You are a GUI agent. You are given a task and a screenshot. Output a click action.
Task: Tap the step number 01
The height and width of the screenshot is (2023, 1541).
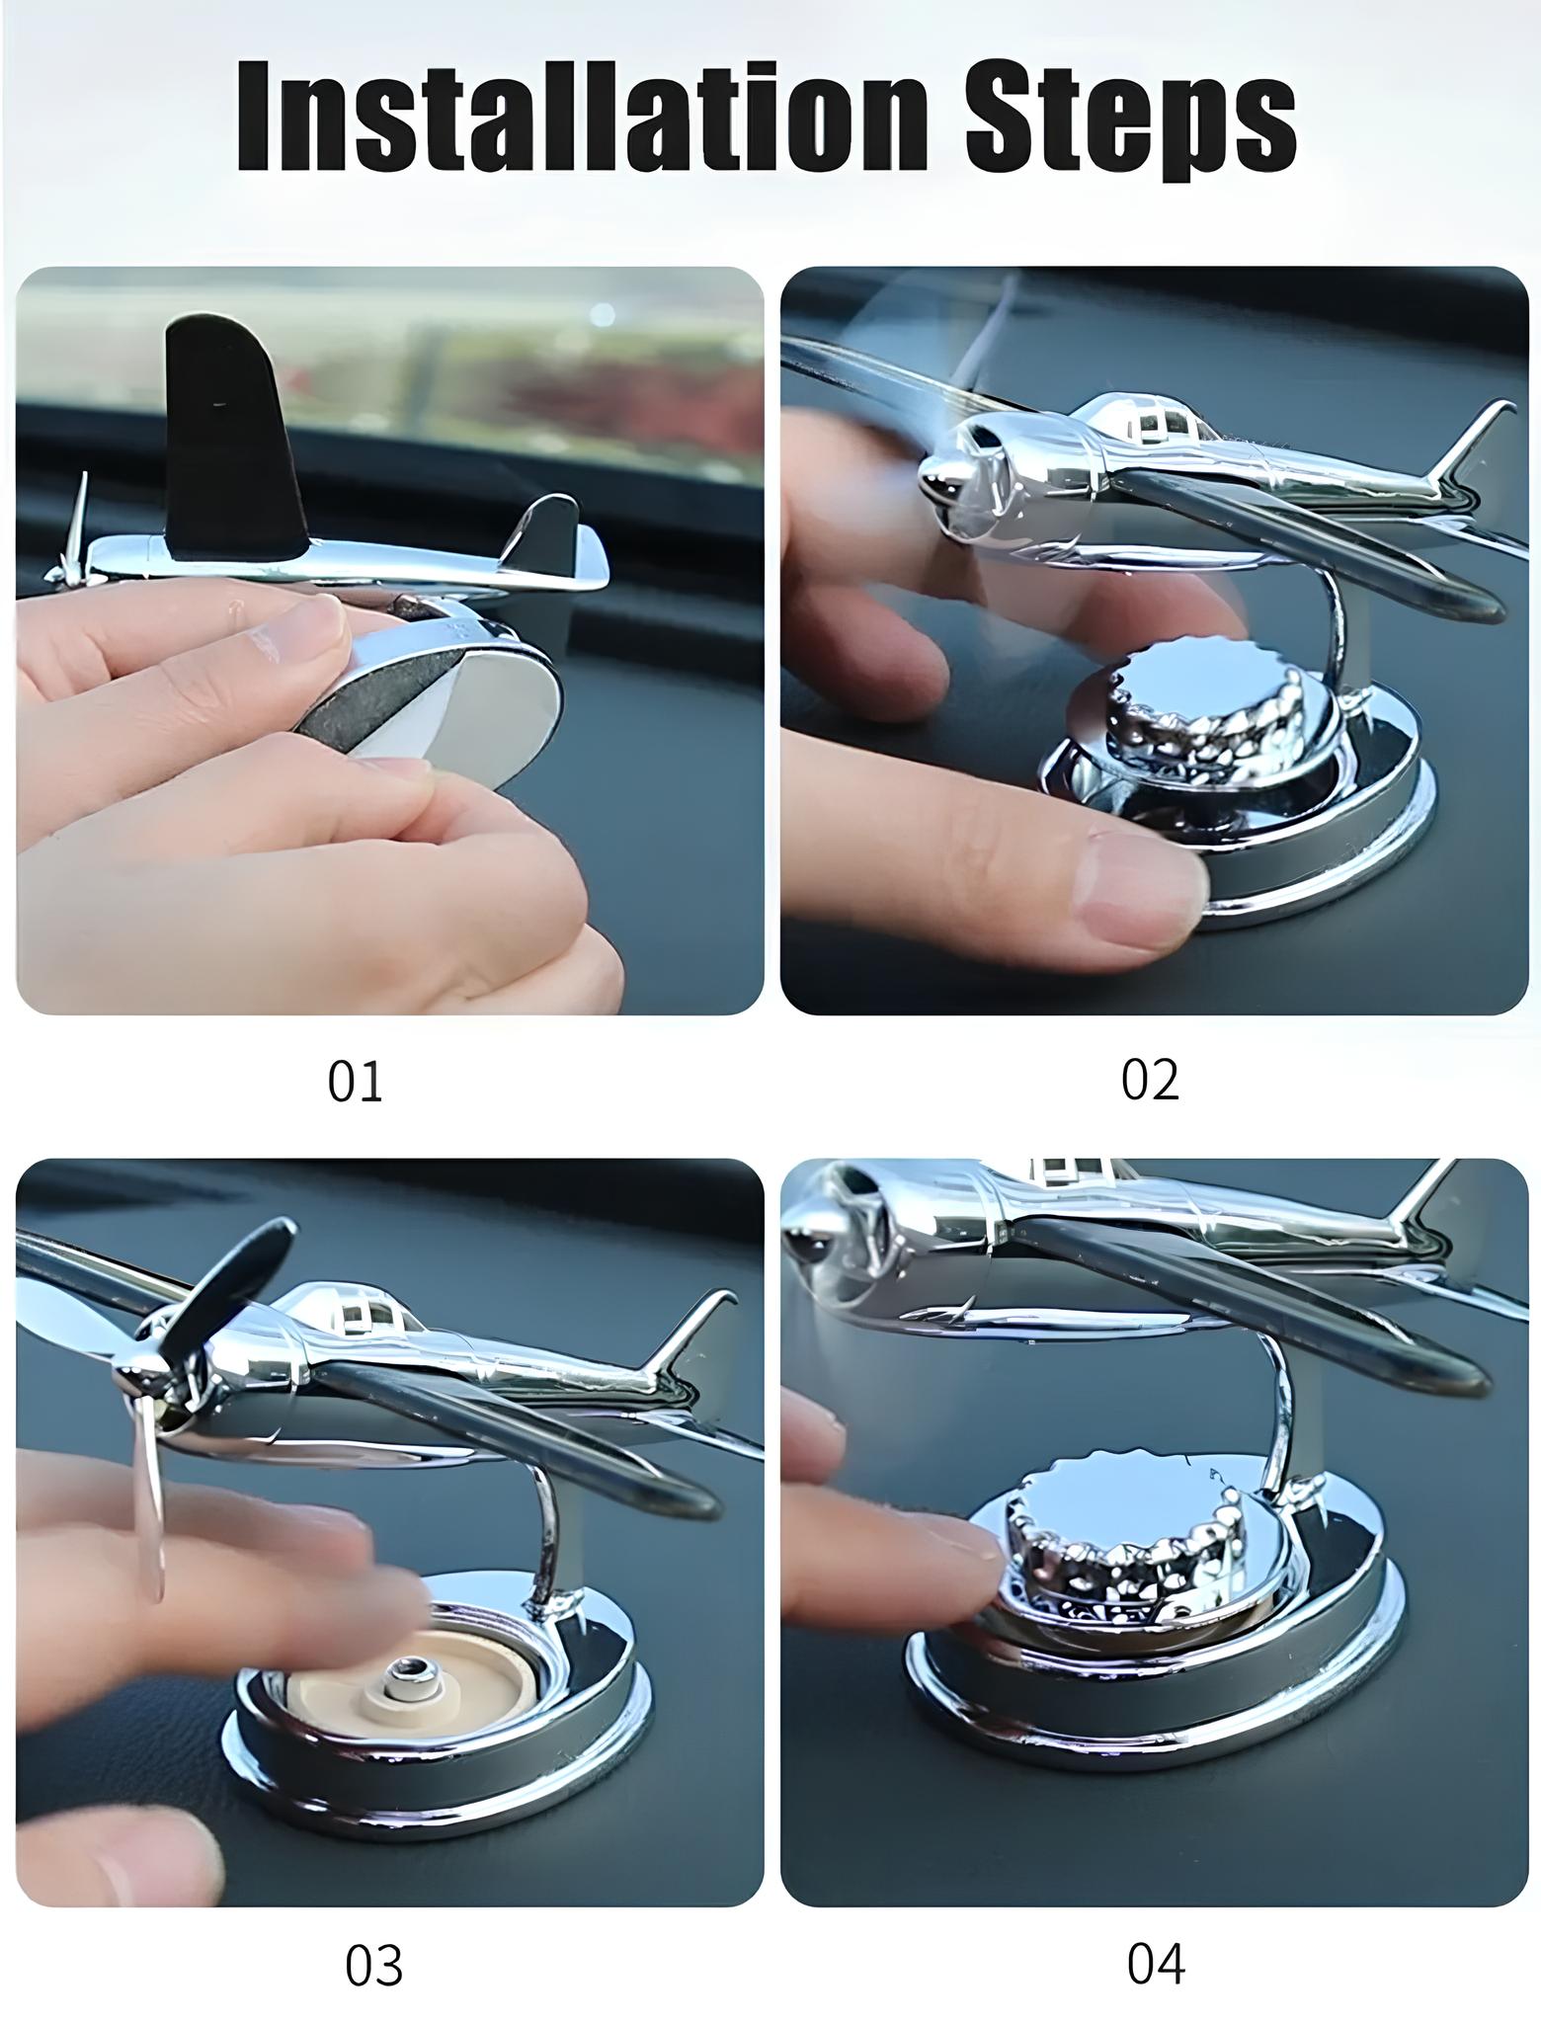point(355,1081)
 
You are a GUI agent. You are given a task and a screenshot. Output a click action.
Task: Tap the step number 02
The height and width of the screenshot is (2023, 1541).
point(1150,1080)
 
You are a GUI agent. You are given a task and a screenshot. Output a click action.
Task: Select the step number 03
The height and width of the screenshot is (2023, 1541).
point(374,1939)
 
